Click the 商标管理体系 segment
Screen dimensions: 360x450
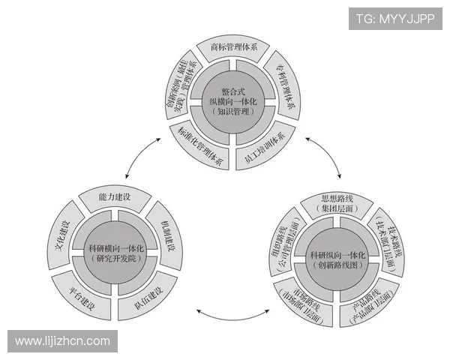pyautogui.click(x=233, y=47)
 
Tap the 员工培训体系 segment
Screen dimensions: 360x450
pyautogui.click(x=265, y=140)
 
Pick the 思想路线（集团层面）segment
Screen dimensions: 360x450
pyautogui.click(x=337, y=204)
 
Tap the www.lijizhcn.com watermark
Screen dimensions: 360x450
pyautogui.click(x=63, y=341)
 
